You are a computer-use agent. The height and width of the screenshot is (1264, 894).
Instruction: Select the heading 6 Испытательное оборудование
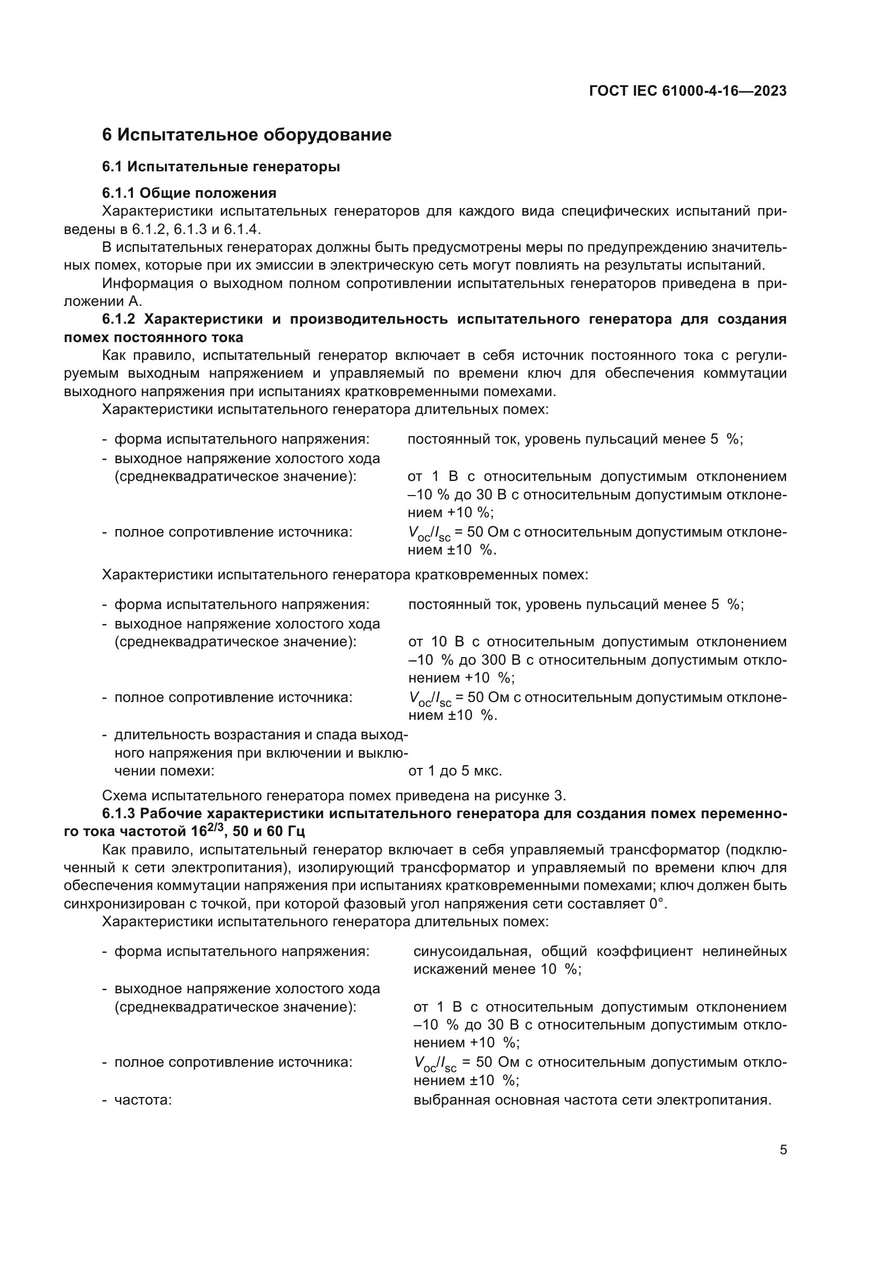click(x=246, y=135)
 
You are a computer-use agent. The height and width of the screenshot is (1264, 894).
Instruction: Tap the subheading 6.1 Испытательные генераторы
click(x=221, y=166)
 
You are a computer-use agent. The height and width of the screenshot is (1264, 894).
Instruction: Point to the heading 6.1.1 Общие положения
click(x=189, y=193)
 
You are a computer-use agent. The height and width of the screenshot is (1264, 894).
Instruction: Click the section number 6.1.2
click(x=118, y=319)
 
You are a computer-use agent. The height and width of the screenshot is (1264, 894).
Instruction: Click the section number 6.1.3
click(x=118, y=814)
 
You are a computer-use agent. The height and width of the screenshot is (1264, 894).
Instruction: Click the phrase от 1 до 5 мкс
click(x=455, y=771)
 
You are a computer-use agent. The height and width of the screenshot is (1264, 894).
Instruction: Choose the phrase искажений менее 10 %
click(x=497, y=969)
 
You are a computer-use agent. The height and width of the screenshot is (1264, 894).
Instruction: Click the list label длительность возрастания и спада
click(x=261, y=735)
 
